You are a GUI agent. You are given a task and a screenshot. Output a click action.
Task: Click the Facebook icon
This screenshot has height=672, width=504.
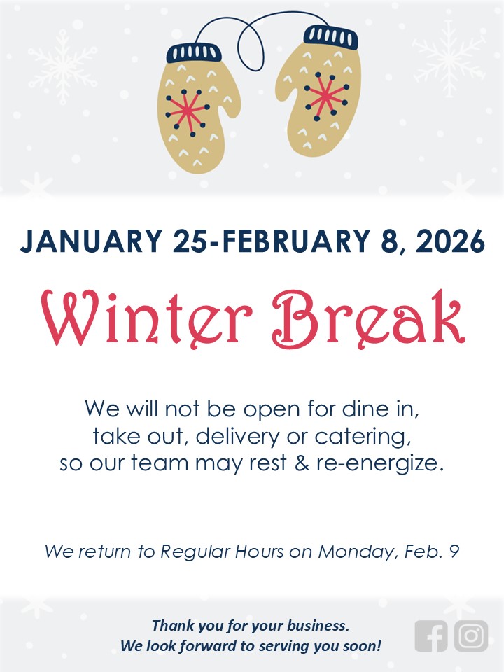click(430, 636)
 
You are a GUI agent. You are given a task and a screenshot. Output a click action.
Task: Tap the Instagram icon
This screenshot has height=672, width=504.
click(471, 636)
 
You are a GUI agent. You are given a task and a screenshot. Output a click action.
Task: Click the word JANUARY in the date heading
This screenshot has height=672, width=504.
click(91, 241)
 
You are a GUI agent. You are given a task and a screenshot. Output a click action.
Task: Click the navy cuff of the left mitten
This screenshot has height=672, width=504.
click(194, 52)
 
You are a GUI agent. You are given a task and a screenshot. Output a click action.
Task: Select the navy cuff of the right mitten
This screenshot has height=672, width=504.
click(331, 37)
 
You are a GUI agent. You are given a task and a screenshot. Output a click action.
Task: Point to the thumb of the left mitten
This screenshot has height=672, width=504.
click(230, 99)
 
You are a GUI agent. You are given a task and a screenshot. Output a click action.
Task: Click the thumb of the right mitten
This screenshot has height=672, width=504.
click(286, 85)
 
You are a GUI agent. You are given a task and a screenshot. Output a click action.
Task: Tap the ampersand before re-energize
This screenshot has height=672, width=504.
click(302, 463)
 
